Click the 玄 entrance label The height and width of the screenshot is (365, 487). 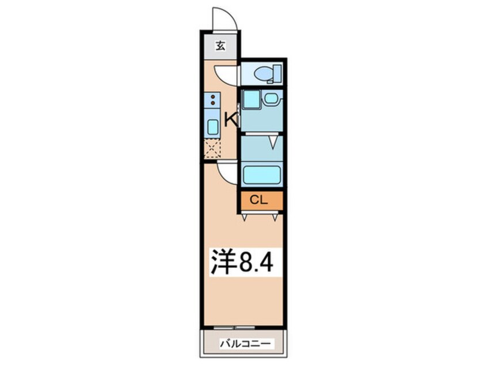tap(220, 46)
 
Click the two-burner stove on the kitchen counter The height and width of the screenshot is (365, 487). tap(212, 100)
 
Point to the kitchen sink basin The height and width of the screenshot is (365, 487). tap(212, 127)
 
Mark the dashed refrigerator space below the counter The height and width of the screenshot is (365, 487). tap(212, 149)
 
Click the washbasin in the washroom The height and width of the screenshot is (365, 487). tap(272, 99)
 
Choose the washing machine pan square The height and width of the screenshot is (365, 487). tap(251, 100)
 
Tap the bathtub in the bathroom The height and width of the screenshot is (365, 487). tap(262, 175)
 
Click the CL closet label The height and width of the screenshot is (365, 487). tap(258, 200)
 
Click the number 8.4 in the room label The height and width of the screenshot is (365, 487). tap(256, 262)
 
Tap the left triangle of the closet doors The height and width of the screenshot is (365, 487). tap(245, 218)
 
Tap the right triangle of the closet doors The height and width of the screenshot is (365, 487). tap(275, 218)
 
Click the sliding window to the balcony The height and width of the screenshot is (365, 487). tap(234, 328)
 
